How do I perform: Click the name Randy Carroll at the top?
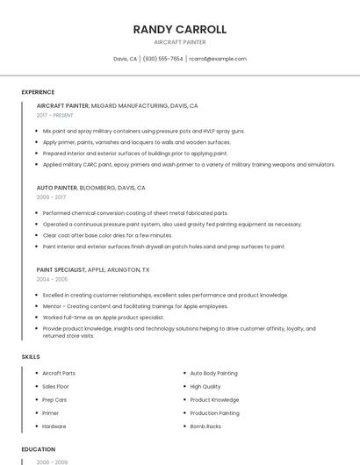(x=180, y=29)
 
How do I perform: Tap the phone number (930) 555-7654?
(x=162, y=59)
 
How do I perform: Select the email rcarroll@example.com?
(x=219, y=59)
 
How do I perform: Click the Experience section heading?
(x=38, y=92)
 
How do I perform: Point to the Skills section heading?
(x=31, y=357)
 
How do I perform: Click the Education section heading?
(x=38, y=449)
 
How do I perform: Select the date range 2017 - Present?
(x=55, y=115)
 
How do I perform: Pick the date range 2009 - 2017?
(x=51, y=197)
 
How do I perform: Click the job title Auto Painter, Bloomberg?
(x=90, y=188)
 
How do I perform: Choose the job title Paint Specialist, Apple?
(x=93, y=269)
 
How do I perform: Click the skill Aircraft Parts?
(x=59, y=373)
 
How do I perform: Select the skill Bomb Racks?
(x=205, y=426)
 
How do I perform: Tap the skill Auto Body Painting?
(x=213, y=373)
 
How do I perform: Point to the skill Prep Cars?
(x=54, y=399)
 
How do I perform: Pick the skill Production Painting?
(x=214, y=412)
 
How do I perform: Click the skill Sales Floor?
(x=55, y=386)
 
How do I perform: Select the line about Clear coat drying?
(x=107, y=235)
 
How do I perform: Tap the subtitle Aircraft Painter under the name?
(x=180, y=42)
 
